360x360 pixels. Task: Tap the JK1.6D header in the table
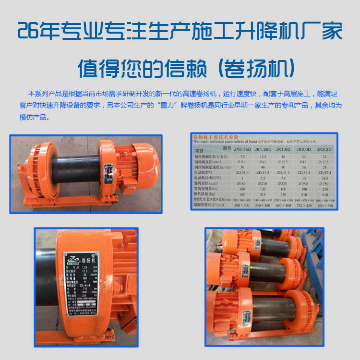coord(284,150)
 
